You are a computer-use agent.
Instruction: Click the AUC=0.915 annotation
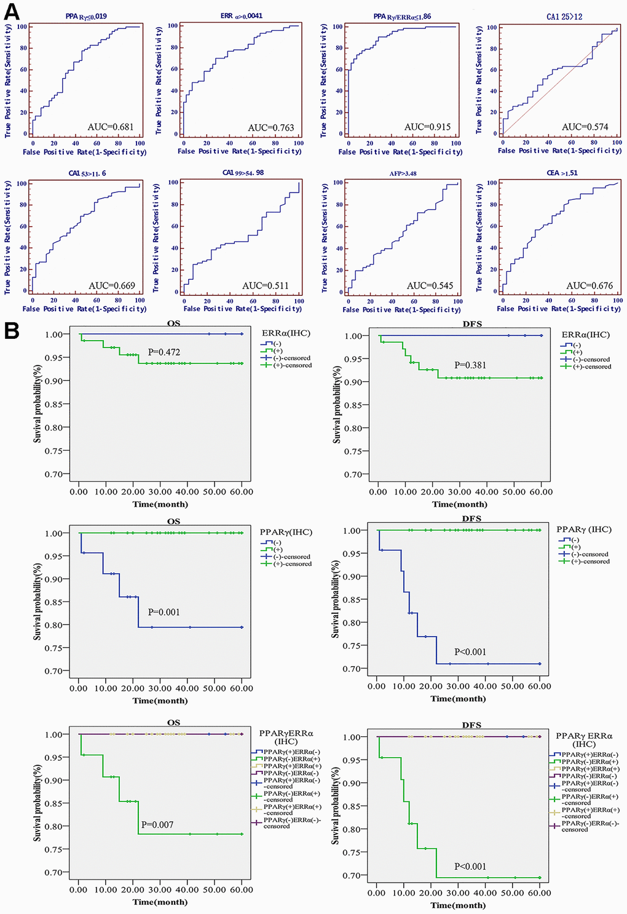point(427,127)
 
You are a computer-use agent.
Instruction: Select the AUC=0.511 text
point(265,285)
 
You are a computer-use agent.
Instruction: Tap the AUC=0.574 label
point(585,127)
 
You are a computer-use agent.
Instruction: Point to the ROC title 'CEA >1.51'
point(562,173)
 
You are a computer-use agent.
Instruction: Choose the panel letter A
point(12,12)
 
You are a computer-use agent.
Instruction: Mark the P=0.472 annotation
point(164,352)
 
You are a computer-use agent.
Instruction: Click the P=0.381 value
point(470,365)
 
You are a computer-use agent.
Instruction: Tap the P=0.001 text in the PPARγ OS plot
point(164,612)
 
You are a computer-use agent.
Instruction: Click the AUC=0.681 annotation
point(111,127)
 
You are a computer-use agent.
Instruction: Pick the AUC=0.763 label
point(271,128)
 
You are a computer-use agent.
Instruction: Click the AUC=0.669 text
point(112,285)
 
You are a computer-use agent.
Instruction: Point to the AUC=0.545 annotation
point(430,285)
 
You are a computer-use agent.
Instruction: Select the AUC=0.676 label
point(590,285)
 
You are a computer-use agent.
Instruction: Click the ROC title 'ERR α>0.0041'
point(241,15)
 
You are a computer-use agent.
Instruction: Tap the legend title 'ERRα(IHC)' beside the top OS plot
point(286,333)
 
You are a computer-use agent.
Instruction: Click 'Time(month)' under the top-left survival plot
point(160,504)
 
